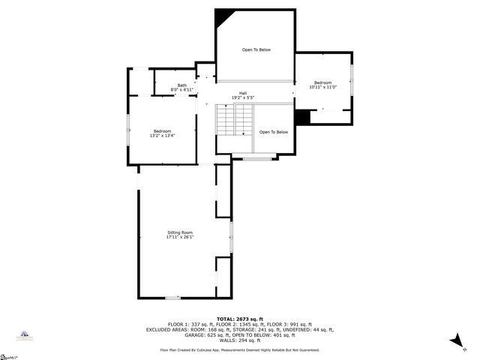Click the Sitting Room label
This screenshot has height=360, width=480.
pos(180,232)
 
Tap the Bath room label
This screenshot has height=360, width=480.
pos(182,85)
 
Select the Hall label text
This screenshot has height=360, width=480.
pos(243,93)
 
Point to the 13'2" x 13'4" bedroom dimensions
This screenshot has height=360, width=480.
pos(163,136)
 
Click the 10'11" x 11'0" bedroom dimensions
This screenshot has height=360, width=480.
pos(322,87)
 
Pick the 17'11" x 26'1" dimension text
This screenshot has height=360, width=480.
pos(180,238)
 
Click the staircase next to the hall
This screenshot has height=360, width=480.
pos(235,120)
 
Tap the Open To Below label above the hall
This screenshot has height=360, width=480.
pos(256,49)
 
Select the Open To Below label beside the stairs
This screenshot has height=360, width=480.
pos(274,132)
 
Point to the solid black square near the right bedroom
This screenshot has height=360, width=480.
pos(303,118)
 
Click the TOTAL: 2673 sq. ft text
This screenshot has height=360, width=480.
pos(240,319)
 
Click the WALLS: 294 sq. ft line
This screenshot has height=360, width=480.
pos(240,340)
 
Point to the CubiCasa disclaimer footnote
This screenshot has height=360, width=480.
pos(240,350)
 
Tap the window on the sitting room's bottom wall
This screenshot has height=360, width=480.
pos(172,298)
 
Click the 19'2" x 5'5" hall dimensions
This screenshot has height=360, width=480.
pos(243,98)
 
